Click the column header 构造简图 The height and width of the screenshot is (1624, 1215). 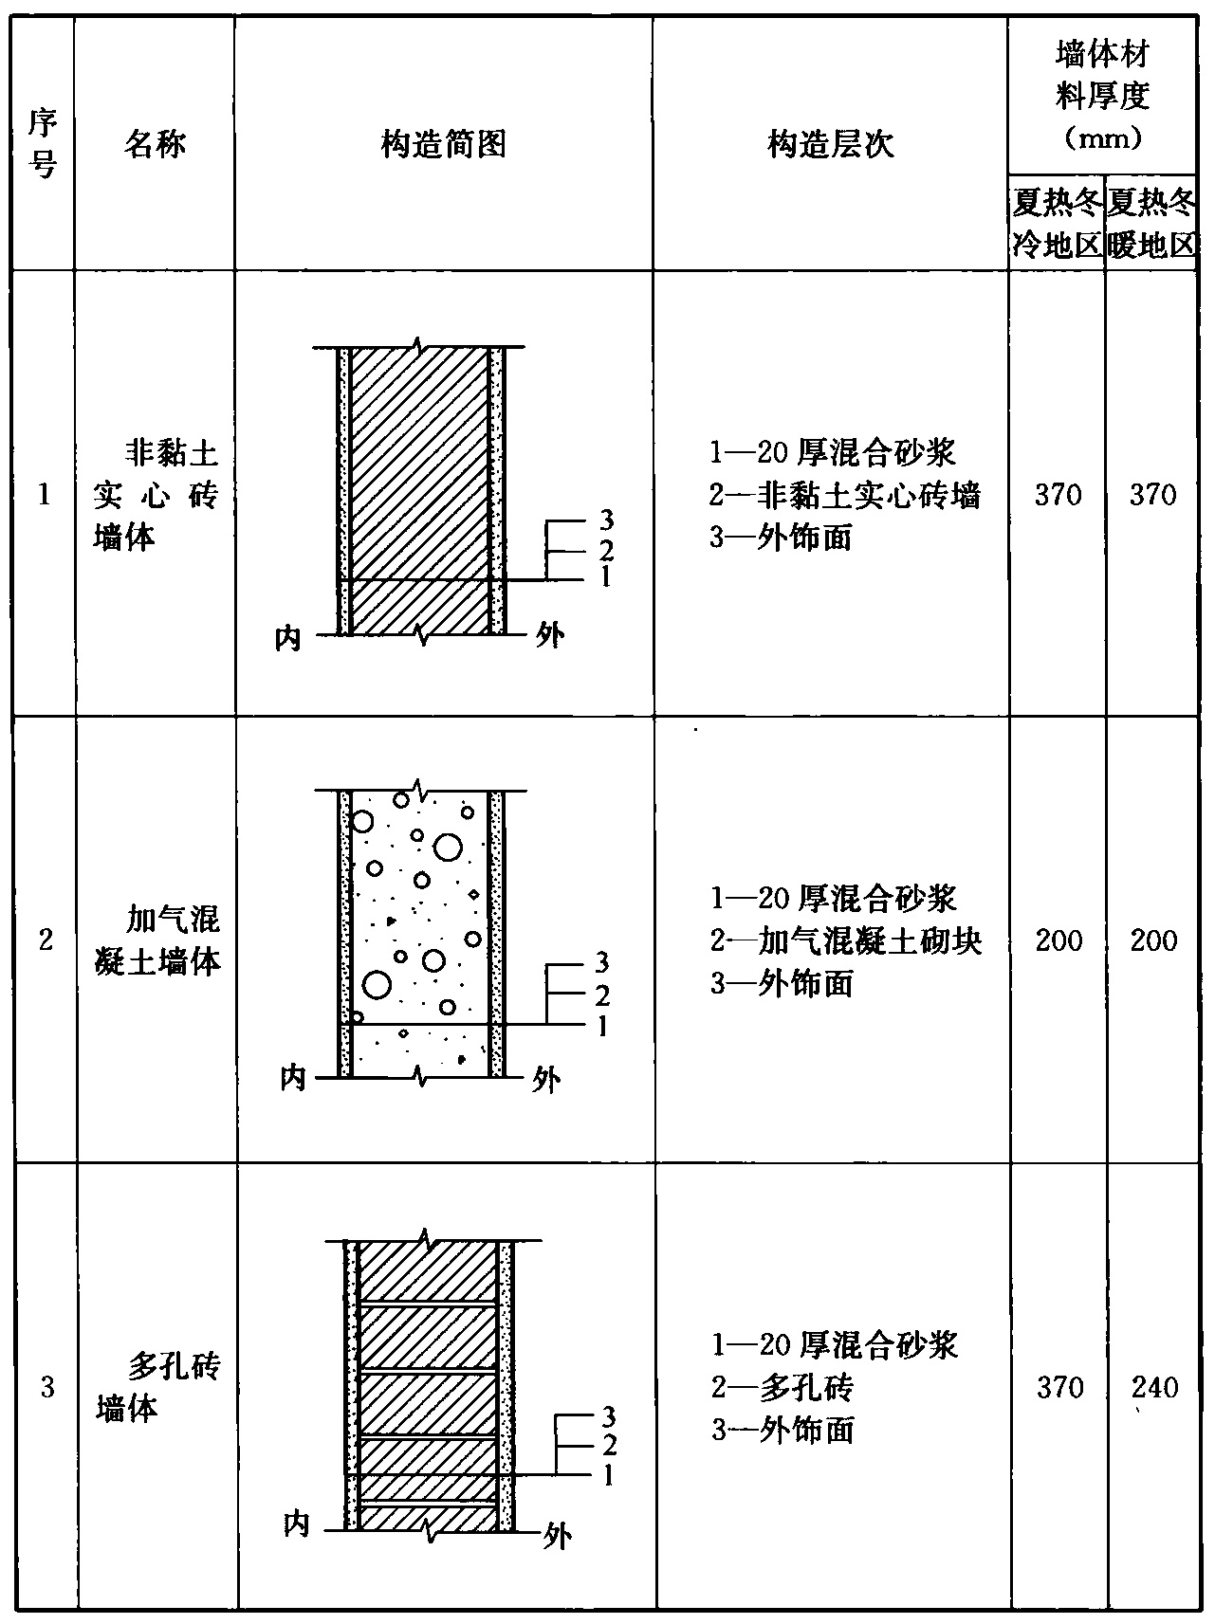pyautogui.click(x=444, y=145)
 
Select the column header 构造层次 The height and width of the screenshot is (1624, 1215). pyautogui.click(x=830, y=145)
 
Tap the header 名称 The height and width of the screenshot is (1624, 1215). pyautogui.click(x=155, y=144)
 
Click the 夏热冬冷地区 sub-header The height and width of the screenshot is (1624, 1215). pyautogui.click(x=1056, y=224)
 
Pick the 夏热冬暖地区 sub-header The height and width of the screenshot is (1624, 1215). pyautogui.click(x=1151, y=224)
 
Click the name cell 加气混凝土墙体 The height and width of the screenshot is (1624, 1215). pyautogui.click(x=158, y=940)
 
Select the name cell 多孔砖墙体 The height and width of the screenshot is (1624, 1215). pyautogui.click(x=158, y=1388)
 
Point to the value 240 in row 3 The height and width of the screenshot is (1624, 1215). pyautogui.click(x=1154, y=1388)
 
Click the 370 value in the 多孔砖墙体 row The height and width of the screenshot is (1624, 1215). pyautogui.click(x=1059, y=1388)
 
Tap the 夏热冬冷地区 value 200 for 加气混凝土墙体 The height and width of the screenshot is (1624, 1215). pyautogui.click(x=1059, y=940)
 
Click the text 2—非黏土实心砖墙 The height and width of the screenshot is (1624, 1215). pyautogui.click(x=844, y=495)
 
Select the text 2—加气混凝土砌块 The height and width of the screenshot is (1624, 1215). pyautogui.click(x=845, y=941)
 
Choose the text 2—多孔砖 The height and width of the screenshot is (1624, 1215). pyautogui.click(x=782, y=1388)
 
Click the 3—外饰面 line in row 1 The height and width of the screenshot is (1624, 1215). pyautogui.click(x=781, y=538)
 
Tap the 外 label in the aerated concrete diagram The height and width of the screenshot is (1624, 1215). pyautogui.click(x=546, y=1080)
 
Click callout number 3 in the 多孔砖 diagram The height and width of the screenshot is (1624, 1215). pyautogui.click(x=609, y=1416)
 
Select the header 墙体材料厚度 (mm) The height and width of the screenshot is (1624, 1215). pyautogui.click(x=1102, y=96)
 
